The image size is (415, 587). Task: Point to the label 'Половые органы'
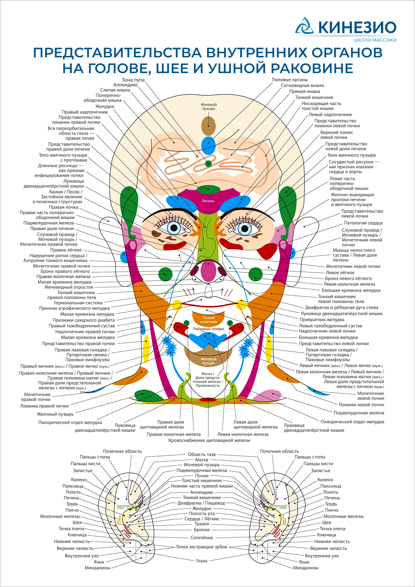click(290, 80)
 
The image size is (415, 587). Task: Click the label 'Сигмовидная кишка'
click(302, 85)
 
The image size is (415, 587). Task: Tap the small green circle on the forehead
click(209, 163)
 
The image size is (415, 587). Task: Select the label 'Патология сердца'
click(363, 223)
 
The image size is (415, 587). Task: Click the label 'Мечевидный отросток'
click(69, 287)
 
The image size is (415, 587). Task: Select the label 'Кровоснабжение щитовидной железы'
click(209, 440)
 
